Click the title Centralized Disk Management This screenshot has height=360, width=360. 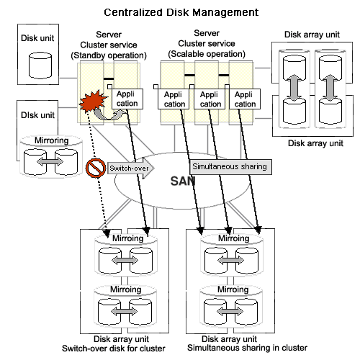pos(181,12)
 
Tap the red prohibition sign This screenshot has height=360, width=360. pos(96,168)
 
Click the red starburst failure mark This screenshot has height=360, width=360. pos(93,102)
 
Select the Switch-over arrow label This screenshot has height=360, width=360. pos(129,168)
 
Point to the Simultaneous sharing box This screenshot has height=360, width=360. pos(230,166)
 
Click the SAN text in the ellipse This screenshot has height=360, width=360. pos(183,181)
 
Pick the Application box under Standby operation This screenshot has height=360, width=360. pos(127,99)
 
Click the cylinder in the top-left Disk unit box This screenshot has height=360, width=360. pos(40,66)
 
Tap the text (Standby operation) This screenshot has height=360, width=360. pos(109,55)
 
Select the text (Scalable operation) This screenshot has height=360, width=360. pos(207,54)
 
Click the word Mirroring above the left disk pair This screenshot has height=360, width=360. pos(52,140)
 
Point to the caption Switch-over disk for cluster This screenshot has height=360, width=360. pos(114,348)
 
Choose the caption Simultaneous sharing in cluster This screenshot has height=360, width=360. pos(247,348)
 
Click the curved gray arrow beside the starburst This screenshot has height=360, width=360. pos(109,114)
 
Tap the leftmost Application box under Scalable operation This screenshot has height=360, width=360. pos(174,99)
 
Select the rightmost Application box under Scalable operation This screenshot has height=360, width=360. pos(245,99)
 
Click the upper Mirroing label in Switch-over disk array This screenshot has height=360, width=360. pos(128,238)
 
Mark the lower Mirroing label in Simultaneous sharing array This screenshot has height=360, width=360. pos(233,289)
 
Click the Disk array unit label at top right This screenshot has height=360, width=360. pos(312,35)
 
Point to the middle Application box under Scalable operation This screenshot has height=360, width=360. pos(210,99)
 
